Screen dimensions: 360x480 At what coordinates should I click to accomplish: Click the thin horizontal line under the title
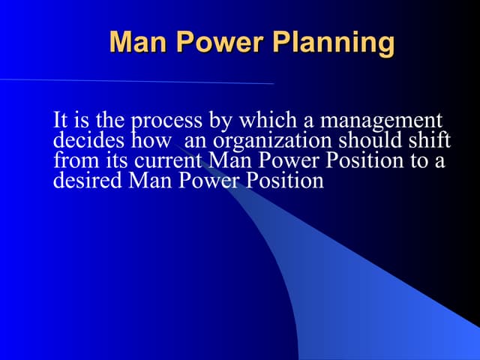[x=135, y=81]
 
